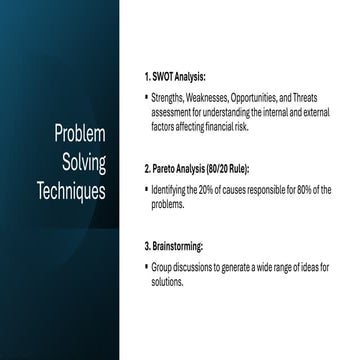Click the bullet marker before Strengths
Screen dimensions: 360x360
[145, 100]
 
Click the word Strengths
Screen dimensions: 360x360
[170, 100]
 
